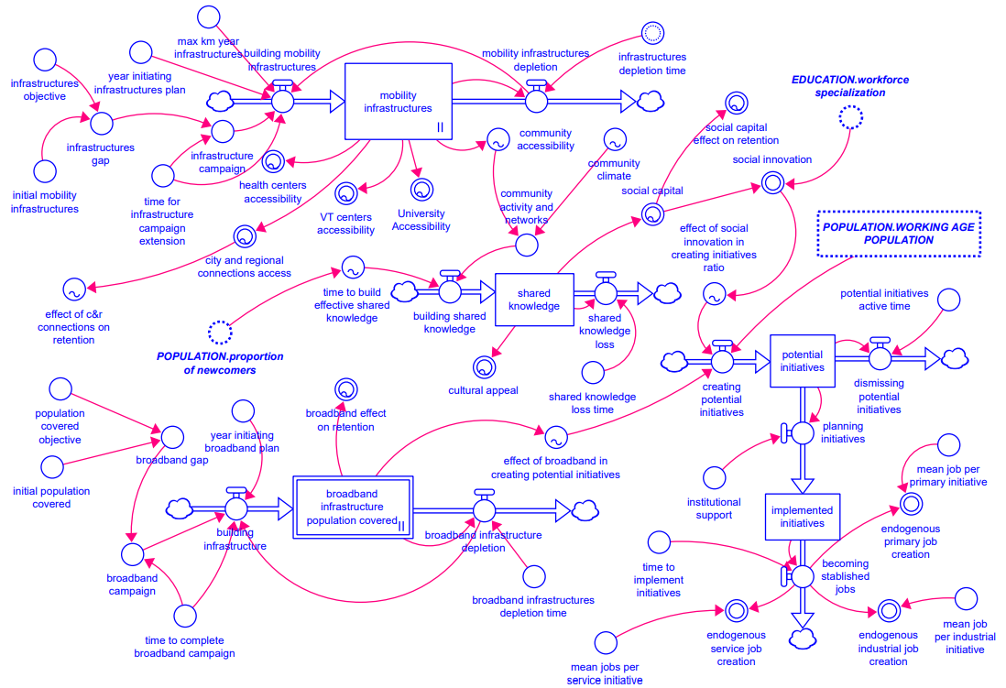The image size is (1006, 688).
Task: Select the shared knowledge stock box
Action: click(x=534, y=299)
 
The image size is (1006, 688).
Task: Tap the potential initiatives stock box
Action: click(x=802, y=360)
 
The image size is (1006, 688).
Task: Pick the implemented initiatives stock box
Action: click(x=802, y=517)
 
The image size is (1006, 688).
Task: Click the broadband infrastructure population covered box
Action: click(x=353, y=506)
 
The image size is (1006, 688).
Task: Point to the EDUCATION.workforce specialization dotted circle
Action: click(x=850, y=117)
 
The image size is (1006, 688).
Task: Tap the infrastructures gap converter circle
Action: click(x=100, y=123)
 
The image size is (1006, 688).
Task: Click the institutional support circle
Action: click(x=715, y=477)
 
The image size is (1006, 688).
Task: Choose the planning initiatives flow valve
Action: click(x=802, y=432)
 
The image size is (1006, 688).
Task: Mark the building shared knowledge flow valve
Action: click(x=449, y=291)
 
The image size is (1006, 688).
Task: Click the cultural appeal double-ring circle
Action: click(x=483, y=367)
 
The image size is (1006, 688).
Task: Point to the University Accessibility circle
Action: click(x=421, y=190)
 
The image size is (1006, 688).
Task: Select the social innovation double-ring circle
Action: click(x=771, y=182)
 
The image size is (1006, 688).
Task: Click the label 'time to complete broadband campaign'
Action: click(x=184, y=647)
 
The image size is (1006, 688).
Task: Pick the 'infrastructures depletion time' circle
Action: click(x=651, y=34)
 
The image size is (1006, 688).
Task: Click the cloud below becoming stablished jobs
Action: click(x=802, y=641)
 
